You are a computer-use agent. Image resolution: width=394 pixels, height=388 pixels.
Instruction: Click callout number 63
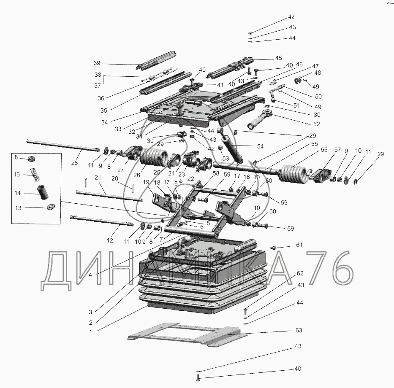pyautogui.click(x=299, y=330)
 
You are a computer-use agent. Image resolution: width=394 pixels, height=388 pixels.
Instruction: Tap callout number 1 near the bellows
pyautogui.click(x=90, y=332)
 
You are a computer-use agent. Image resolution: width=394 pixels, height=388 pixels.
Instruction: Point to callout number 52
pyautogui.click(x=316, y=124)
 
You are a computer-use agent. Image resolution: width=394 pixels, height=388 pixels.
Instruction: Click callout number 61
pyautogui.click(x=299, y=245)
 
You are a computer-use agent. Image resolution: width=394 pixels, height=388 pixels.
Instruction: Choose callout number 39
pyautogui.click(x=97, y=63)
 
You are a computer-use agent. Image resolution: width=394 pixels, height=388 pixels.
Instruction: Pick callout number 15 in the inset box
pyautogui.click(x=17, y=174)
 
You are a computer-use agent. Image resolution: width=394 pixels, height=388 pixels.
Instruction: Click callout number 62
pyautogui.click(x=299, y=273)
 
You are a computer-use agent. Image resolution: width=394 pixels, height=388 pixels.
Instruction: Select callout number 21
pyautogui.click(x=98, y=178)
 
